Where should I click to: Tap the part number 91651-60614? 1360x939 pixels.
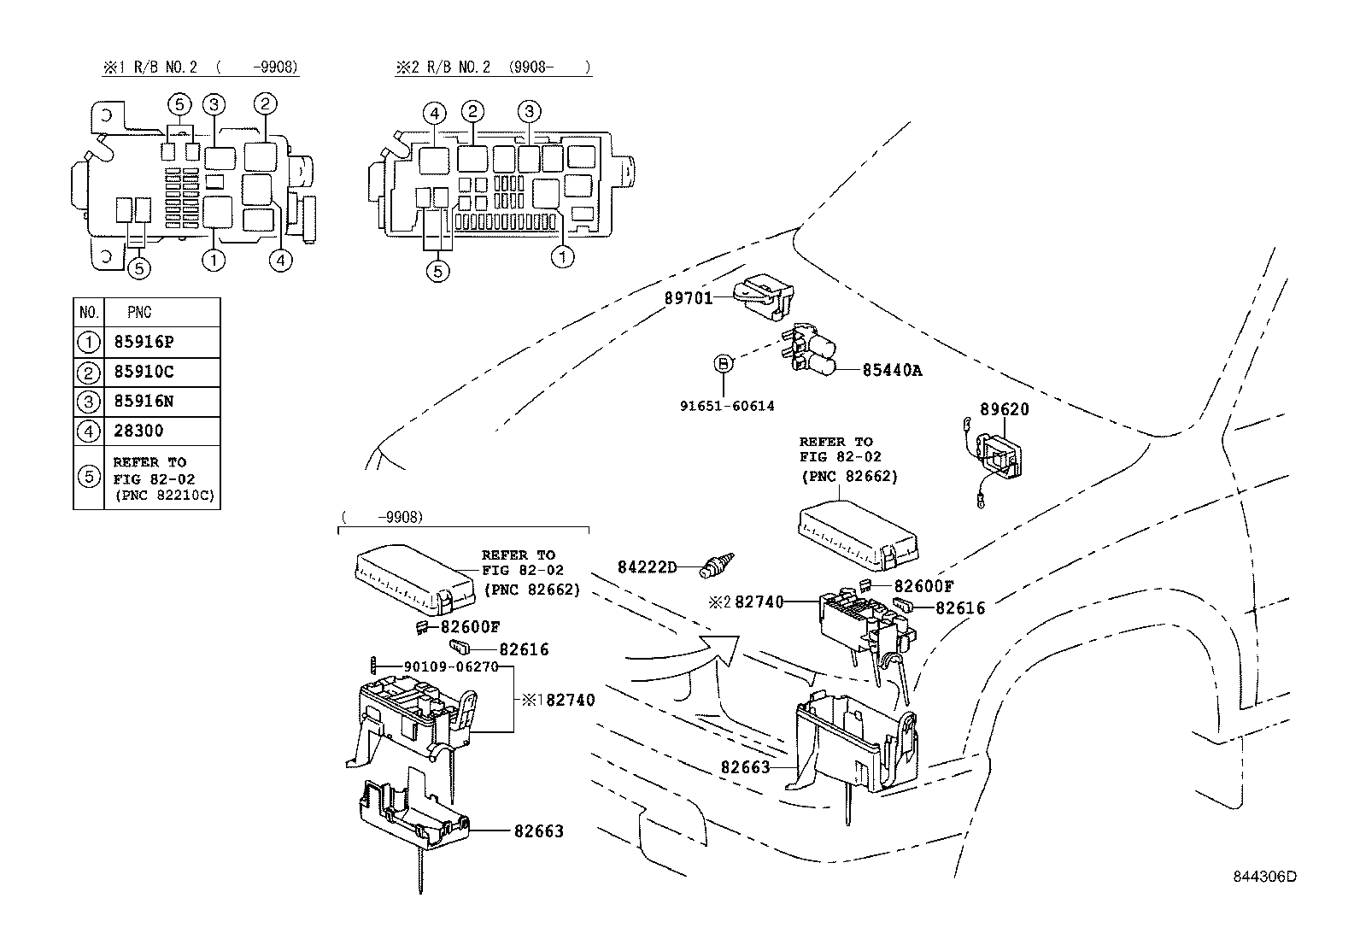coord(727,406)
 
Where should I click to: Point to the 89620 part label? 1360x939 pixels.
coord(1004,409)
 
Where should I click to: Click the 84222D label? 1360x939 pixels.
coord(647,567)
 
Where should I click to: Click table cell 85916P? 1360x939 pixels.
coord(144,342)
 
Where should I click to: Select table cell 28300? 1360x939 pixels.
coord(138,431)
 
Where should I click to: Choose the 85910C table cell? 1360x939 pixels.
coord(144,372)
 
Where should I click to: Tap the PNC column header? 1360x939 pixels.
coord(138,313)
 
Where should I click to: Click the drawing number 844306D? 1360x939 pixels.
coord(1263,877)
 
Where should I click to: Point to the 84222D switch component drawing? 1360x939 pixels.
coord(716,565)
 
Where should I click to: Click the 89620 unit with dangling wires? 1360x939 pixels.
coord(994,456)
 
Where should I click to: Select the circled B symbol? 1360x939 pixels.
coord(723,364)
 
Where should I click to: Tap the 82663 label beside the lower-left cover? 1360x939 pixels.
coord(538,830)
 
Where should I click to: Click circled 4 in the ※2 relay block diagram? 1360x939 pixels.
coord(434,113)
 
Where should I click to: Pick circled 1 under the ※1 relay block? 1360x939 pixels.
coord(214,259)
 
